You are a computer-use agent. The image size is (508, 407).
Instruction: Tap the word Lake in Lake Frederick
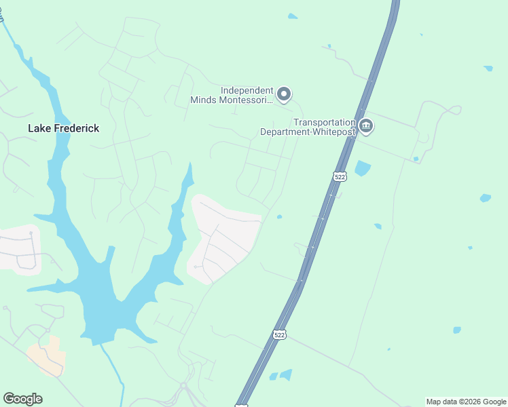tap(39, 128)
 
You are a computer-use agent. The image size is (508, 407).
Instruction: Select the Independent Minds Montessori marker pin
tap(285, 94)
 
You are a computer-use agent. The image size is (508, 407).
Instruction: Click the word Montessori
tap(249, 100)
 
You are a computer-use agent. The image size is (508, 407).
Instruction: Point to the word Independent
tap(247, 90)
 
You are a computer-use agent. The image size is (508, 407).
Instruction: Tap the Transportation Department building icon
tap(366, 127)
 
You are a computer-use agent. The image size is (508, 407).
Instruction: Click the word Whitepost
tap(333, 132)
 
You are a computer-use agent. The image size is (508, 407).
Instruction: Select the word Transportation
tap(325, 122)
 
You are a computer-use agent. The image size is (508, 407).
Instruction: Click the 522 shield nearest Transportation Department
tap(340, 176)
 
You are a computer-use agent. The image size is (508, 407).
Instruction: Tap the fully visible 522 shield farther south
tap(279, 335)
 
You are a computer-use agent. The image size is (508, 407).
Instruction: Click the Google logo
tap(22, 399)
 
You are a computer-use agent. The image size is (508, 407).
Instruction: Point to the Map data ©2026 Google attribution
tap(466, 402)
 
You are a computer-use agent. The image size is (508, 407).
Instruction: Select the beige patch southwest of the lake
tap(47, 356)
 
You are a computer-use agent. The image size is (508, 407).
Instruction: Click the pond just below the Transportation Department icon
tap(362, 168)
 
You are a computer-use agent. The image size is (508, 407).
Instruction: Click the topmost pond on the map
tap(292, 16)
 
